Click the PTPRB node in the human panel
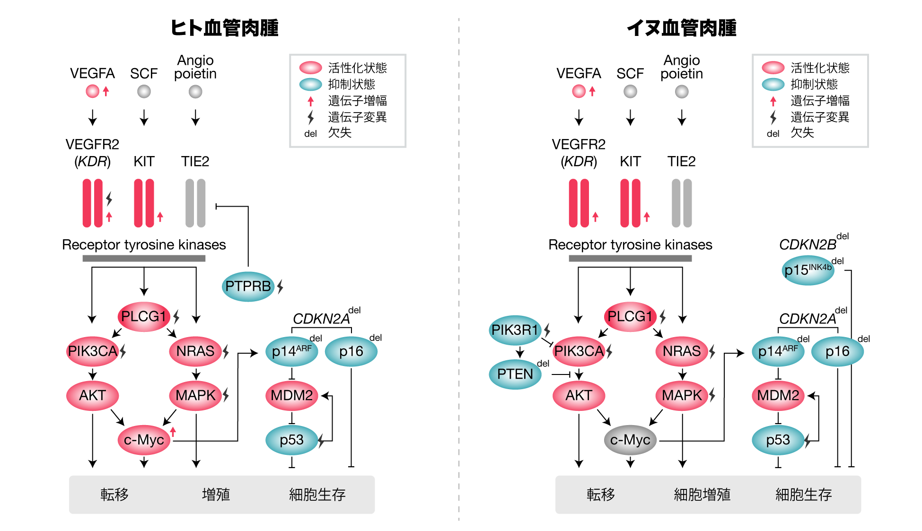(248, 287)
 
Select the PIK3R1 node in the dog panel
(515, 330)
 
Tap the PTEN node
(515, 374)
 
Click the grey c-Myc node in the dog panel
(630, 440)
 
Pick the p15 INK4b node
(808, 270)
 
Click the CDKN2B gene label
(808, 244)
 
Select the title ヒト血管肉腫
(224, 28)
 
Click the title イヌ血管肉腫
(682, 28)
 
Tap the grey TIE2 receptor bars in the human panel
(195, 203)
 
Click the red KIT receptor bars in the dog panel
(630, 203)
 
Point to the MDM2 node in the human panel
(291, 395)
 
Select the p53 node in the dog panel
(778, 440)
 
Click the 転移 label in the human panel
(114, 495)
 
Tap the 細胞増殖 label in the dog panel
(702, 495)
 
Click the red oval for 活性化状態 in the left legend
(311, 68)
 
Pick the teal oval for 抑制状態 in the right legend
(773, 84)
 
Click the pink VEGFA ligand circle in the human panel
(92, 91)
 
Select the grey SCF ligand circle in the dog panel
(630, 91)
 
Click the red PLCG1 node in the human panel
(144, 316)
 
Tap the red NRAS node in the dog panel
(682, 351)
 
